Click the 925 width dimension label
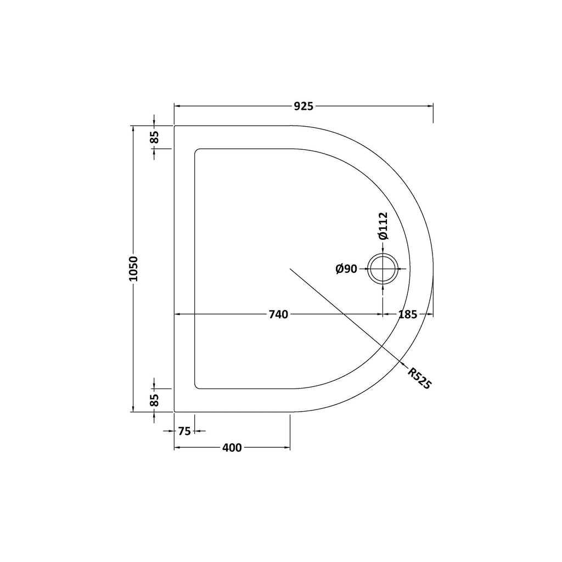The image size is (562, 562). click(x=304, y=106)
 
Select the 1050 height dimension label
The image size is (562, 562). click(x=133, y=269)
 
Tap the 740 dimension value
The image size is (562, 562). click(x=278, y=314)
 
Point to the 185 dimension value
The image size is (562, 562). click(x=408, y=314)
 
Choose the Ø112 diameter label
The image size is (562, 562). click(x=383, y=226)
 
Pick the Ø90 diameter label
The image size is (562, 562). click(x=346, y=268)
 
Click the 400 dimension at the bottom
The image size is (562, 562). click(x=232, y=447)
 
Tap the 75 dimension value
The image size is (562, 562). click(x=184, y=431)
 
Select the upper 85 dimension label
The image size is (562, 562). click(x=154, y=137)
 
